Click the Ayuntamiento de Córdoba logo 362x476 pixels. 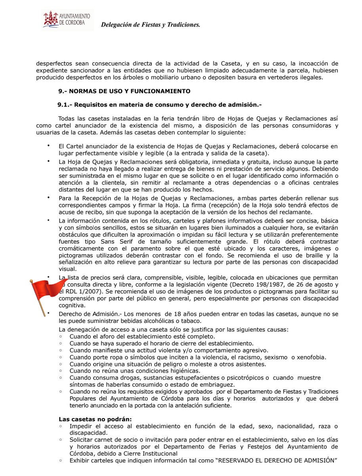coord(67,20)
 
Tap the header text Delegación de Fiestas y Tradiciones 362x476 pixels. coord(151,25)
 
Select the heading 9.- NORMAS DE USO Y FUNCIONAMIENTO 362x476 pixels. coord(124,91)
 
